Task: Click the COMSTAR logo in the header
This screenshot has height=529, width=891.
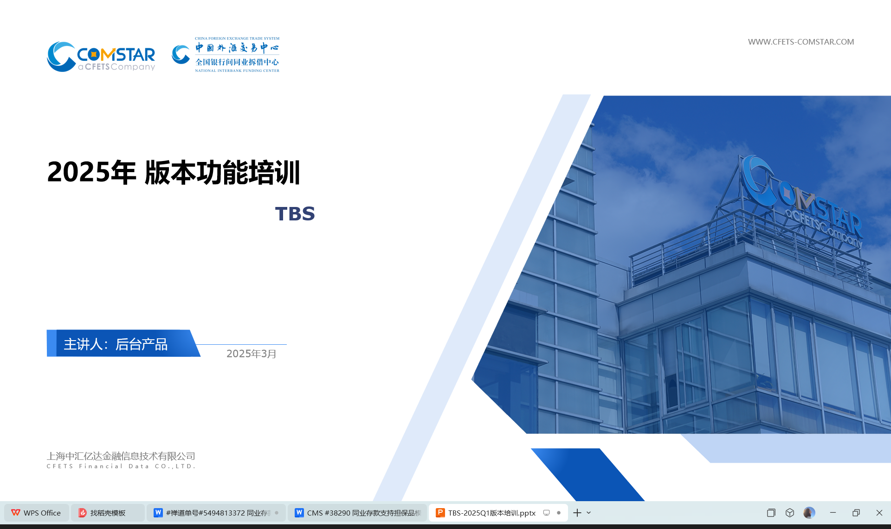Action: coord(101,57)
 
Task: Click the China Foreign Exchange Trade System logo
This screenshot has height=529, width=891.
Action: coord(226,55)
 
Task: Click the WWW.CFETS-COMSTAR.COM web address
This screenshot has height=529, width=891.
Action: coord(801,42)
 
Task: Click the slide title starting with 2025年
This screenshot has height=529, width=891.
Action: coord(174,172)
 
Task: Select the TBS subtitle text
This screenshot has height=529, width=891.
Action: coord(295,214)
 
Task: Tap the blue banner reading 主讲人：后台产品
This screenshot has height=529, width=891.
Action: coord(123,343)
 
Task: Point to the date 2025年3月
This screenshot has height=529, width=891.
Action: coord(252,354)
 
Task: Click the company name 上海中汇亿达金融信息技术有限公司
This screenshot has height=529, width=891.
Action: coord(121,456)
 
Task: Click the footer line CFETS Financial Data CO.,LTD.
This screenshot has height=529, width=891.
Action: coord(121,466)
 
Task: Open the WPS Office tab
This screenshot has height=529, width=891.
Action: coord(37,513)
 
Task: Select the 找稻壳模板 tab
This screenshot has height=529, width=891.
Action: coord(108,513)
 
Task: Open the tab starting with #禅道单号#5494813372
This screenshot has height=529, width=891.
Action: coord(216,513)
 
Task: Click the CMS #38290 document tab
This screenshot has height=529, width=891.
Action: coord(357,513)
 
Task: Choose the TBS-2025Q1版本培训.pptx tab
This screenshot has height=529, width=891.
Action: coord(498,513)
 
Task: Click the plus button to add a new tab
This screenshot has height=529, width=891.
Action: coord(577,513)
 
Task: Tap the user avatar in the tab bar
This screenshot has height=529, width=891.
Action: coord(809,513)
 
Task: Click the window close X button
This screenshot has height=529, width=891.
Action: coord(879,513)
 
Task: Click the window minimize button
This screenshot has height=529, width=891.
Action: coord(833,513)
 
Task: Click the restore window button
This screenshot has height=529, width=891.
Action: coord(856,513)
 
